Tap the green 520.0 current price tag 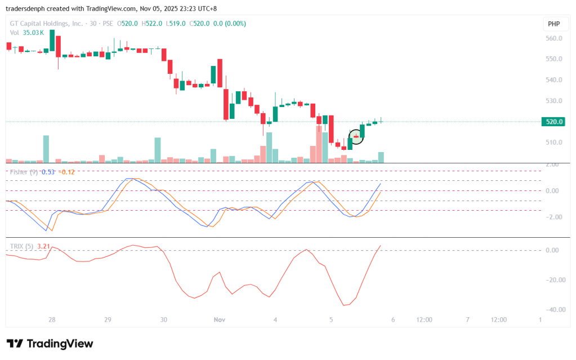[x=552, y=122]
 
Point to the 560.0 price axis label [x=554, y=38]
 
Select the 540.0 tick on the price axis [x=554, y=80]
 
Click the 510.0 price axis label [x=554, y=143]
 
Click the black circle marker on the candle [x=356, y=136]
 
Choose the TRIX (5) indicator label [x=21, y=246]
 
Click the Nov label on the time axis [x=220, y=319]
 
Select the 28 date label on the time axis [x=52, y=319]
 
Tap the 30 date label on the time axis [x=163, y=319]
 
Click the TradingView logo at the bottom [x=50, y=344]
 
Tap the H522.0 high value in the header [x=152, y=24]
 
